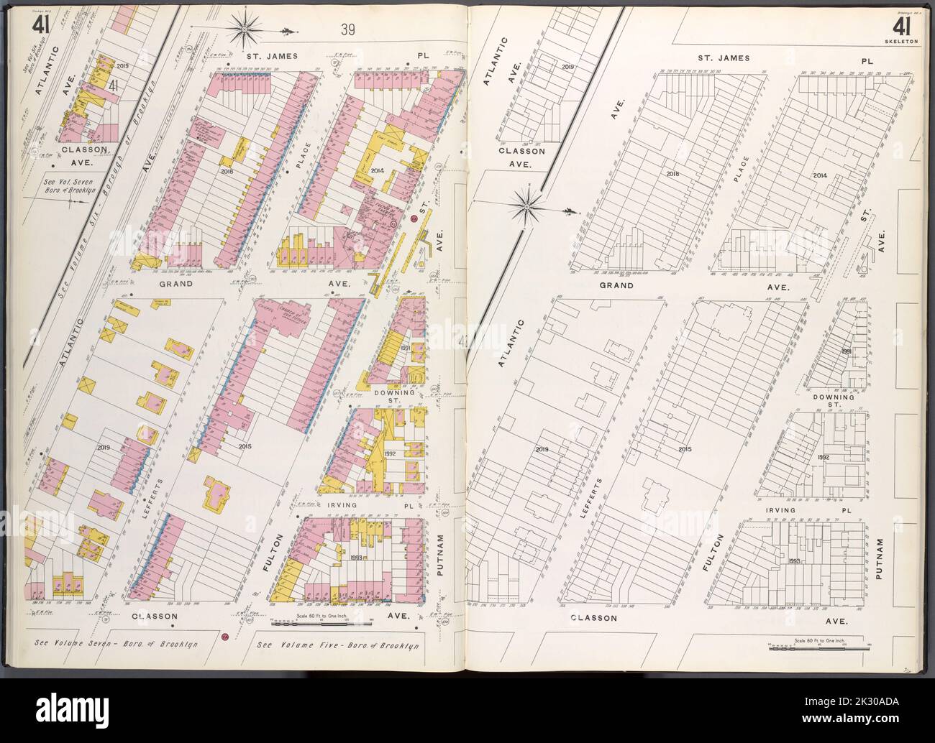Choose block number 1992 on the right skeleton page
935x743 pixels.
pos(824,457)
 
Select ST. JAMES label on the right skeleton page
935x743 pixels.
pos(723,57)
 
